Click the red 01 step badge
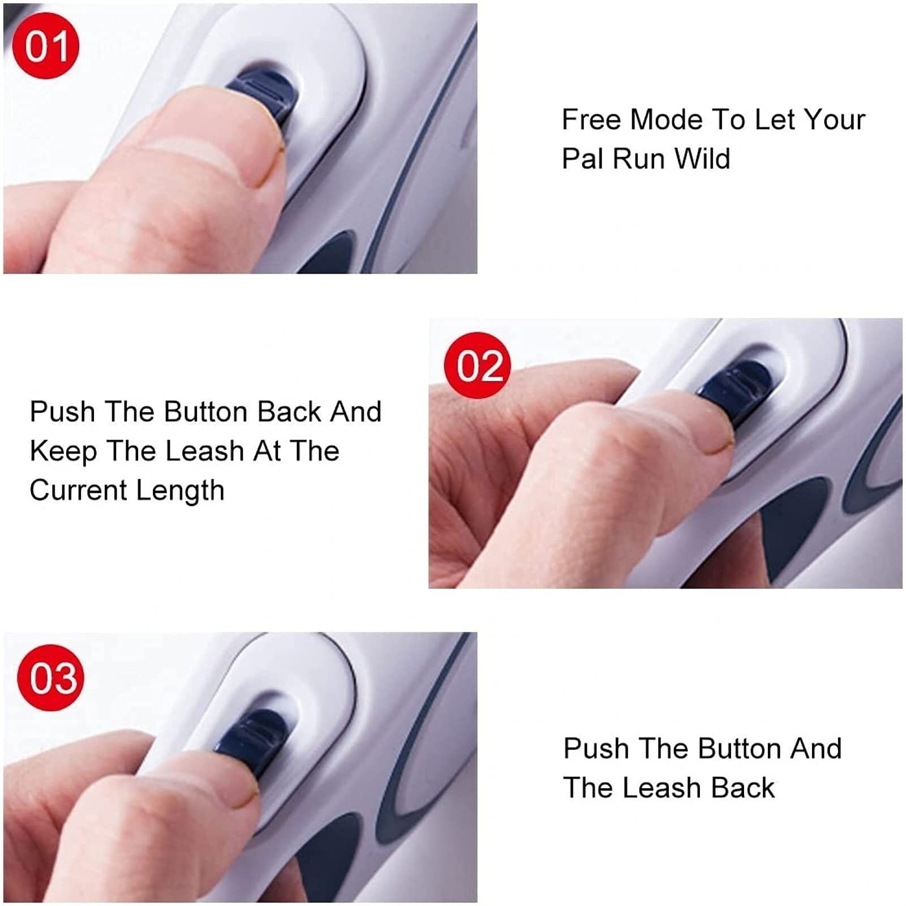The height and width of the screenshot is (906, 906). [x=46, y=46]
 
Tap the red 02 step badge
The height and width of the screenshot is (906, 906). [x=478, y=366]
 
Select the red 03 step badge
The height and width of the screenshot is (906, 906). [x=51, y=678]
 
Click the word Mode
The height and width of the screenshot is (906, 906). [x=665, y=120]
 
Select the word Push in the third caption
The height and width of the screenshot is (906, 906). [x=596, y=749]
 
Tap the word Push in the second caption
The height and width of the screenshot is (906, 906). [x=62, y=411]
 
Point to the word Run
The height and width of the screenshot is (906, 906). [x=638, y=158]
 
